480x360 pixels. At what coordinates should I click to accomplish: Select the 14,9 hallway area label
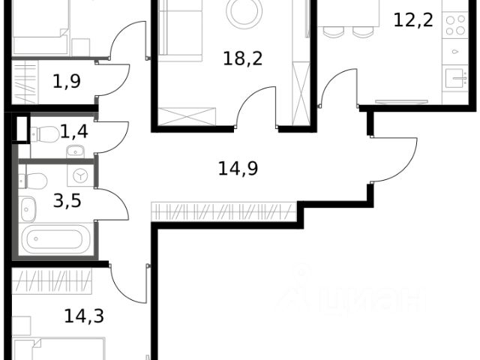coord(238,168)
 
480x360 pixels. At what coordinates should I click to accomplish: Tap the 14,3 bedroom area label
coord(84,316)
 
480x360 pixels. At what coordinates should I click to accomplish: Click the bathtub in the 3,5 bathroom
coord(56,241)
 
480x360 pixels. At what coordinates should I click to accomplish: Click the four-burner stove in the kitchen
coord(454,25)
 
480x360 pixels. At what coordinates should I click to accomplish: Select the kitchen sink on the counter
coord(454,77)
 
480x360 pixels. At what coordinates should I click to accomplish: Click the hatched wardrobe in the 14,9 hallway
coord(225,211)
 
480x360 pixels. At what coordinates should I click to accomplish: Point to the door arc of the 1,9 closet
coord(112,81)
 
